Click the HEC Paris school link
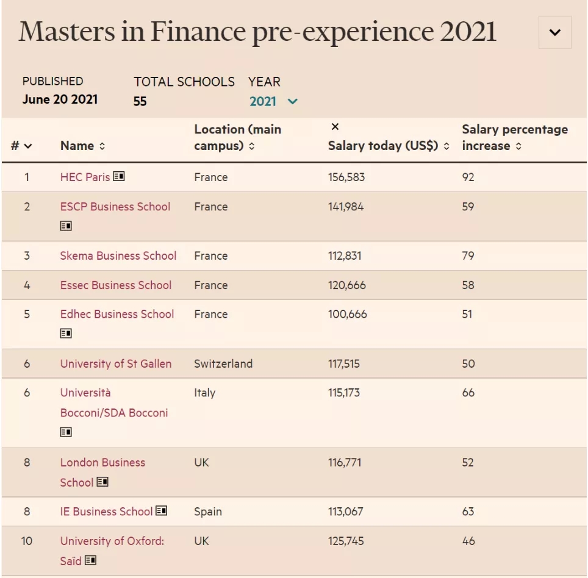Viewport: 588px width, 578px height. coord(85,177)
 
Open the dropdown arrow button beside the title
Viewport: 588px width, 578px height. coord(554,32)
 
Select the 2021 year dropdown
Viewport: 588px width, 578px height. coord(273,101)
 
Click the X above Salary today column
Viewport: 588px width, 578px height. coord(335,127)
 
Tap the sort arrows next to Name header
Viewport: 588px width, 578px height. coord(102,146)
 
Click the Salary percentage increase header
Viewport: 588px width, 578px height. coord(515,138)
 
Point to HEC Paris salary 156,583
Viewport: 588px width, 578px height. coord(346,177)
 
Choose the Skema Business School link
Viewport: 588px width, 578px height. coord(118,255)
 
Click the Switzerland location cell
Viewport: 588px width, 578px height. coord(223,363)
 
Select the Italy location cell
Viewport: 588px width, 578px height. coord(205,393)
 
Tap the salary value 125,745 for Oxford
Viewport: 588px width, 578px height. coord(346,541)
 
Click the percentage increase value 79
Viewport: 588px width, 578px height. coord(468,255)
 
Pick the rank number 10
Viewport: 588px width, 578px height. coord(27,541)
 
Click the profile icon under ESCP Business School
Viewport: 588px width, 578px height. coord(66,226)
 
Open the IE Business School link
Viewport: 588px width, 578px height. coord(106,512)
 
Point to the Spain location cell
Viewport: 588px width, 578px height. coord(208,512)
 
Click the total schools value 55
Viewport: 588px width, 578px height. coord(140,101)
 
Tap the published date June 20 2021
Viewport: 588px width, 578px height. coord(60,99)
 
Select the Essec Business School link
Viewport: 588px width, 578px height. coord(116,285)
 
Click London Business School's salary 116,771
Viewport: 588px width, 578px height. coord(345,462)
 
